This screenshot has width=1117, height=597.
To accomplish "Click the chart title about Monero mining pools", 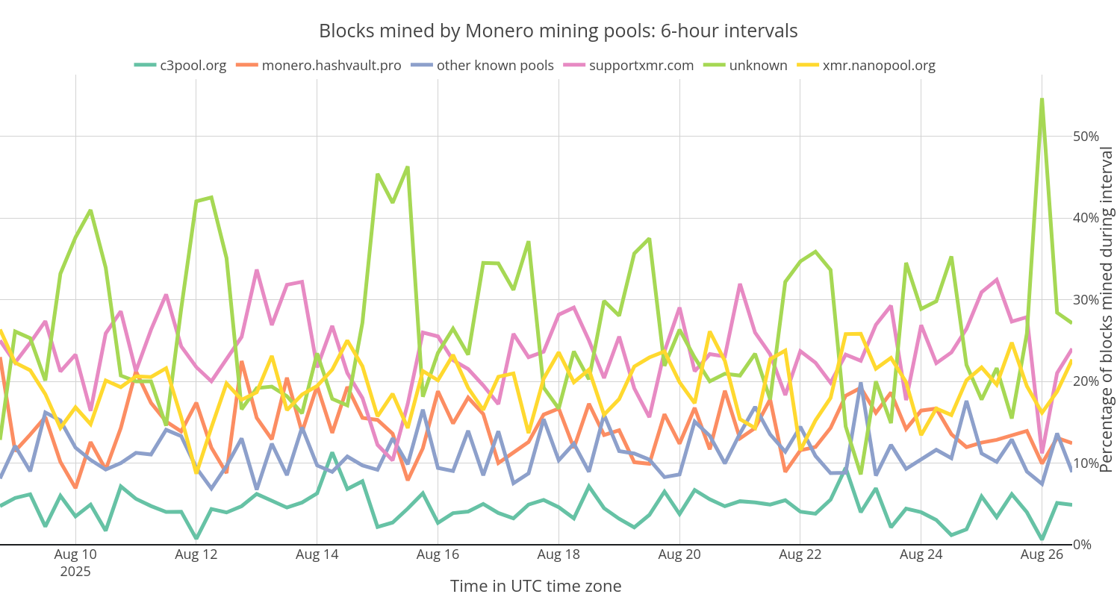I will click(x=558, y=31).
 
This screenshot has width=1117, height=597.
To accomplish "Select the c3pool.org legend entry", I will click(x=193, y=65).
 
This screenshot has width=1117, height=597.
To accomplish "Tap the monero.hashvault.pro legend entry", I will click(x=331, y=65).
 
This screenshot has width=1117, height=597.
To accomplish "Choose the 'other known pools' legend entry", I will click(x=495, y=65).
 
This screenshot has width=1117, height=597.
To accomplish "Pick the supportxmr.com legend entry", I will click(x=641, y=65).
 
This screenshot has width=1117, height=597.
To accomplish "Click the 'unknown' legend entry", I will click(x=758, y=65).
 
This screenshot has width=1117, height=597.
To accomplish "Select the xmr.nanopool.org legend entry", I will click(x=878, y=65).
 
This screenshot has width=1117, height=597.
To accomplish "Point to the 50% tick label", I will click(x=1085, y=137).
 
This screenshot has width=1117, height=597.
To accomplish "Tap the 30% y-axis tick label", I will click(x=1085, y=300).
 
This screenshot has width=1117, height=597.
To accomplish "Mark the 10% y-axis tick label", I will click(x=1085, y=463).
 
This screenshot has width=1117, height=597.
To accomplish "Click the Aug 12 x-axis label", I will click(x=196, y=554).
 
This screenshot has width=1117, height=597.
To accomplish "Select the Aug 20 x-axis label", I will click(x=679, y=554).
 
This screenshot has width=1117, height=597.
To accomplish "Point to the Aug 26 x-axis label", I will click(x=1041, y=554).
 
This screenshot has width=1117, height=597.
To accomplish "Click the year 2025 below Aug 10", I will click(x=75, y=572).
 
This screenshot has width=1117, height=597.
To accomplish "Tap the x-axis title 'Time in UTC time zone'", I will click(x=535, y=586).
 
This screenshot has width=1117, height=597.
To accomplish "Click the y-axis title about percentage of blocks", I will click(x=1107, y=310).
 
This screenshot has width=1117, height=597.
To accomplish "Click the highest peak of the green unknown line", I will click(x=1042, y=99).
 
